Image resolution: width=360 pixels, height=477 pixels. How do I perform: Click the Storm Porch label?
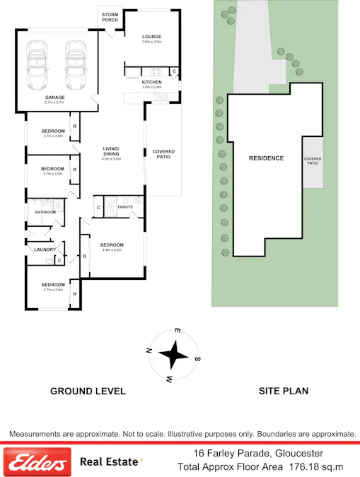tap(110, 17)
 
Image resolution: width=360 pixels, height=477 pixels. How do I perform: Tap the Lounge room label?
tap(151, 37)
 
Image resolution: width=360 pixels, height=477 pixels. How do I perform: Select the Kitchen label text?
tap(151, 83)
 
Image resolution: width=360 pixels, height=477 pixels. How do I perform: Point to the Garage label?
tap(54, 98)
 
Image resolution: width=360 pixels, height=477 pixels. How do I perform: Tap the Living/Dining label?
tap(111, 151)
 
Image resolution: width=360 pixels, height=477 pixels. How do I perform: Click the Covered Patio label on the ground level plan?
tap(163, 154)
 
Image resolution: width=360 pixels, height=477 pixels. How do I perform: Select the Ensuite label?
tap(125, 207)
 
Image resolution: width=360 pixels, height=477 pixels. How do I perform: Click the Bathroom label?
tap(46, 212)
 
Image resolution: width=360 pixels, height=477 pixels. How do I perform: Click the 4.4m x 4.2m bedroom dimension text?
tap(112, 250)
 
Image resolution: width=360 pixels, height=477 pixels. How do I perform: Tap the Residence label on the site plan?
tap(266, 158)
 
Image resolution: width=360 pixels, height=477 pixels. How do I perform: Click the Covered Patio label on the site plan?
tap(312, 161)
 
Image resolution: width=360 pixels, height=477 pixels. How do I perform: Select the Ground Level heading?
tap(88, 391)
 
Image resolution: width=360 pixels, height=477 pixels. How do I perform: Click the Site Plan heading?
tap(284, 391)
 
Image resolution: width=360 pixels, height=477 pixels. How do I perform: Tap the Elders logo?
tap(37, 464)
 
